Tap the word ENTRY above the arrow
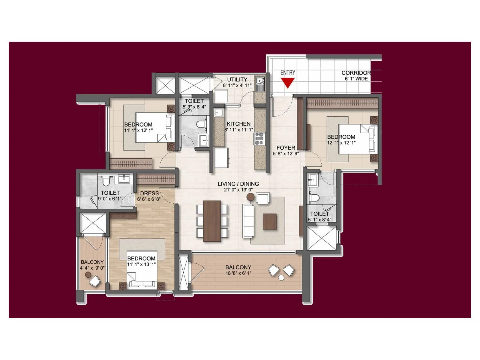coord(288,73)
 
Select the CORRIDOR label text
coord(356,73)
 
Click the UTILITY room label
coord(237,79)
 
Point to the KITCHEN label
coord(238,124)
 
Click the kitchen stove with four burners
coord(259,138)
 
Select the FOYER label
coord(286,148)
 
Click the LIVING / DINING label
coord(238,184)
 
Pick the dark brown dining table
coord(212,221)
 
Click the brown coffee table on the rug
coord(270,221)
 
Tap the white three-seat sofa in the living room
coord(248,221)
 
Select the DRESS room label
coord(149,193)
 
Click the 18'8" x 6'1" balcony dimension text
coord(238,273)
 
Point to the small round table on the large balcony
coord(281,278)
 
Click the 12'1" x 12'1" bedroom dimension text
coord(341,143)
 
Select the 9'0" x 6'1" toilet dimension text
coord(110,199)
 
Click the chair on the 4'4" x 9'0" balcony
coord(95,281)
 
